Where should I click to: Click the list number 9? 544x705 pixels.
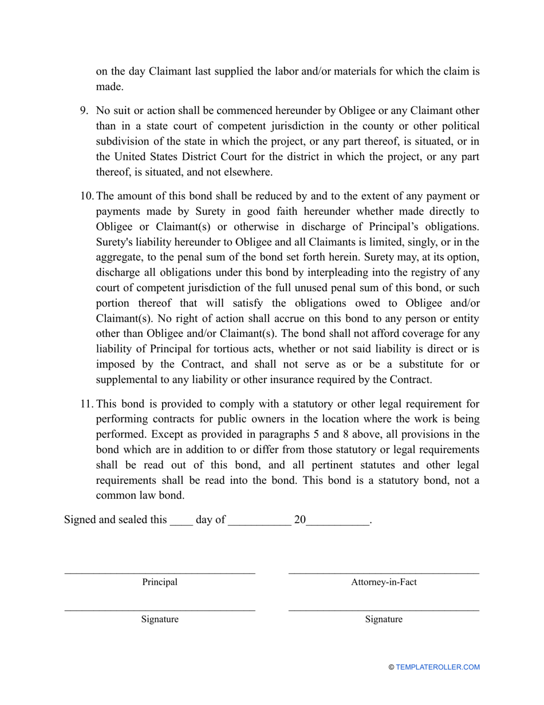pos(83,111)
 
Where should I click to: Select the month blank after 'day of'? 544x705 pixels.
pos(259,521)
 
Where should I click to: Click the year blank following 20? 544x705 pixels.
pos(338,521)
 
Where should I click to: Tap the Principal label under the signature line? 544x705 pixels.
pos(160,582)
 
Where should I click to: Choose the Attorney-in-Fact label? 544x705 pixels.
pos(384,582)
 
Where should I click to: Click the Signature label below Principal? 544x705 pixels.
pos(160,620)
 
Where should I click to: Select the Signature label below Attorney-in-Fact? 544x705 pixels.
pos(384,620)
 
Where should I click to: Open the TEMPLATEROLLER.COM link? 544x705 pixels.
pos(437,667)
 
